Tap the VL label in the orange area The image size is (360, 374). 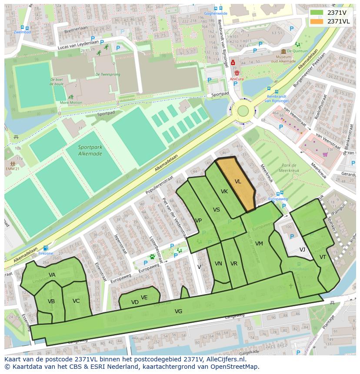click(x=238, y=182)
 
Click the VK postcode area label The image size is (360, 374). click(x=224, y=192)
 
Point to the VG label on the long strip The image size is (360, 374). click(x=178, y=311)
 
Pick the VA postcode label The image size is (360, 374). click(x=52, y=275)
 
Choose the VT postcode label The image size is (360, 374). click(x=323, y=257)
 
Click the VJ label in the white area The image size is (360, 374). click(x=302, y=249)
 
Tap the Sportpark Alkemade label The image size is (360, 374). click(x=90, y=150)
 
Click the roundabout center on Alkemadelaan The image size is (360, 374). click(x=243, y=111)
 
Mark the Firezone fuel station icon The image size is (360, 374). click(x=46, y=248)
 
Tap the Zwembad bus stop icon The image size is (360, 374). click(x=22, y=27)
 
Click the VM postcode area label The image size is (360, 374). click(x=259, y=243)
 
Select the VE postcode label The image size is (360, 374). click(x=144, y=297)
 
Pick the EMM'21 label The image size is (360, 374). click(x=12, y=168)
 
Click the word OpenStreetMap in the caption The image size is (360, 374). click(x=235, y=366)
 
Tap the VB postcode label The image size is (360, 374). click(x=51, y=301)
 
